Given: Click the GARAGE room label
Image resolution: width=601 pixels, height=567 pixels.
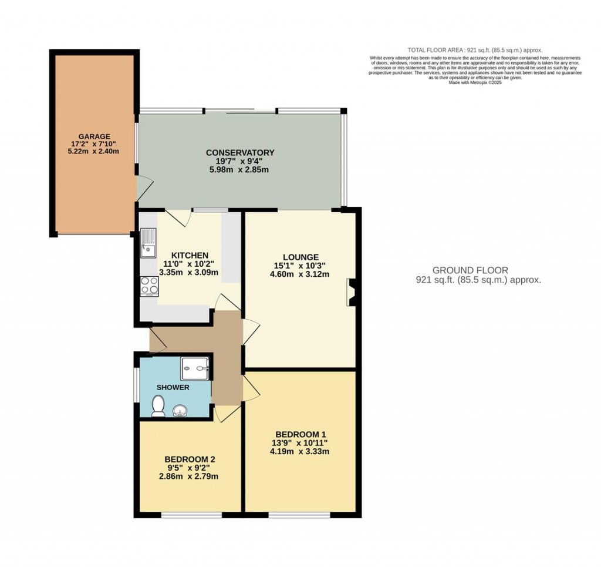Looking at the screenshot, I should click(94, 136).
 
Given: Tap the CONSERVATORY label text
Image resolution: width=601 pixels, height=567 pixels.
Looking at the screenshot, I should click(239, 153).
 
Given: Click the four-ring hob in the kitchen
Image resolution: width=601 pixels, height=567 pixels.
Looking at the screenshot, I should click(148, 286).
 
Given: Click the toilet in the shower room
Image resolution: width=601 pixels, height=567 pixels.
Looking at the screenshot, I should click(158, 406).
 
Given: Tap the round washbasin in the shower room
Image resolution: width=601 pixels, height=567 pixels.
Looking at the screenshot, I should click(178, 410).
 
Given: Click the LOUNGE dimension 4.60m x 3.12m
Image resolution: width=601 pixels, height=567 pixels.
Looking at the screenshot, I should click(300, 273).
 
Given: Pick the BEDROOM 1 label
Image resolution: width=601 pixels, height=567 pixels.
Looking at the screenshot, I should click(300, 434).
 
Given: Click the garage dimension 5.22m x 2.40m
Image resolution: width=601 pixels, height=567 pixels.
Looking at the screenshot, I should click(94, 151).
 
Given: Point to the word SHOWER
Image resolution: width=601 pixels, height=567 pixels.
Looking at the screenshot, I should click(173, 388).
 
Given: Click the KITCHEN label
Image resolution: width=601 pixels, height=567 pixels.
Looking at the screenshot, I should click(183, 255).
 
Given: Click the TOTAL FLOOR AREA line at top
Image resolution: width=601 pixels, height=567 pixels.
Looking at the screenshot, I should click(475, 51).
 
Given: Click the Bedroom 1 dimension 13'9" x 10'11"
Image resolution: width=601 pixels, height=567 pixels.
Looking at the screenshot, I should click(300, 442).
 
